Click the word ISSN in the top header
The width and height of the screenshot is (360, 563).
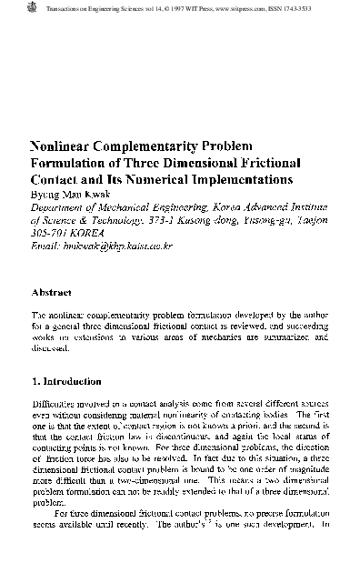(296, 6)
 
